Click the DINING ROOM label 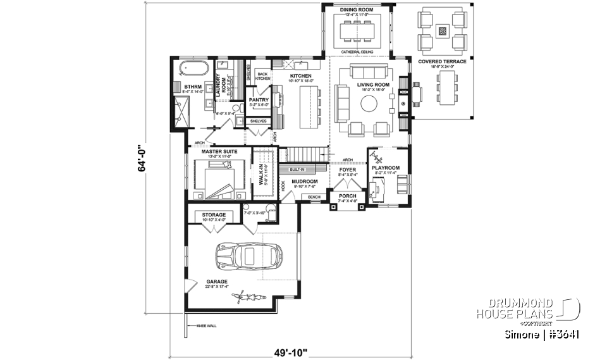pyautogui.click(x=357, y=11)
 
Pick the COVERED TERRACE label pyautogui.click(x=442, y=61)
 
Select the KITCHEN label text pyautogui.click(x=283, y=76)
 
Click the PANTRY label pyautogui.click(x=259, y=100)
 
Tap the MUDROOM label pyautogui.click(x=305, y=181)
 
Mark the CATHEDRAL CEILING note pyautogui.click(x=357, y=52)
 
